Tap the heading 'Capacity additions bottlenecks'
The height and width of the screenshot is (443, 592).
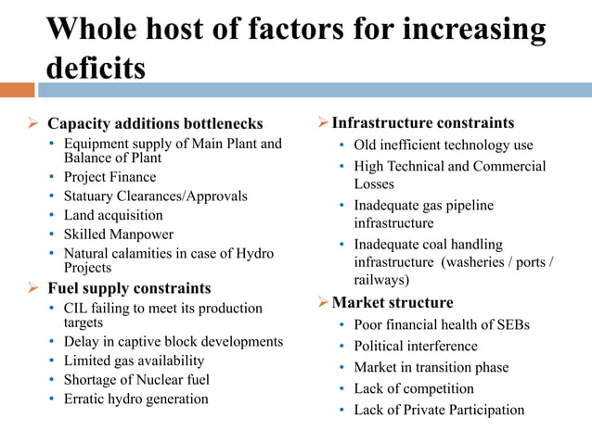(x=155, y=123)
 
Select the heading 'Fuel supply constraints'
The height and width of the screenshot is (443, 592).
(x=129, y=287)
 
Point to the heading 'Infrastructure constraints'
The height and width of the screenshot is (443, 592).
(x=423, y=123)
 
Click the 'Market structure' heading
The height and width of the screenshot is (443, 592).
(x=393, y=302)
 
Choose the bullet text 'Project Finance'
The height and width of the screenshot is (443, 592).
(x=109, y=177)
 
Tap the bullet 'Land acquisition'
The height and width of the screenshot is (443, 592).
(x=113, y=215)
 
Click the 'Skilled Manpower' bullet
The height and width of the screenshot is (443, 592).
(x=118, y=234)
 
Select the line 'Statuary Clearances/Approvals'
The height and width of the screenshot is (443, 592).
(x=155, y=196)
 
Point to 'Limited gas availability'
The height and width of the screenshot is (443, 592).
(x=134, y=361)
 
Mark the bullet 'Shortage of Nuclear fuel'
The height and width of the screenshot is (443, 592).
(x=136, y=379)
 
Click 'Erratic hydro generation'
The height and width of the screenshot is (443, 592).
(x=135, y=399)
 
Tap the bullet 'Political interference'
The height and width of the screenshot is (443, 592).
(x=416, y=346)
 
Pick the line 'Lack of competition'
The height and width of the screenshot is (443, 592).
(x=414, y=388)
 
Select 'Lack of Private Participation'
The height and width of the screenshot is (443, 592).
(x=439, y=410)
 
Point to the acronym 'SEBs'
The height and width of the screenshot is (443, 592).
(x=511, y=324)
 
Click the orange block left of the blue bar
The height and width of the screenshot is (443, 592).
(x=17, y=90)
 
